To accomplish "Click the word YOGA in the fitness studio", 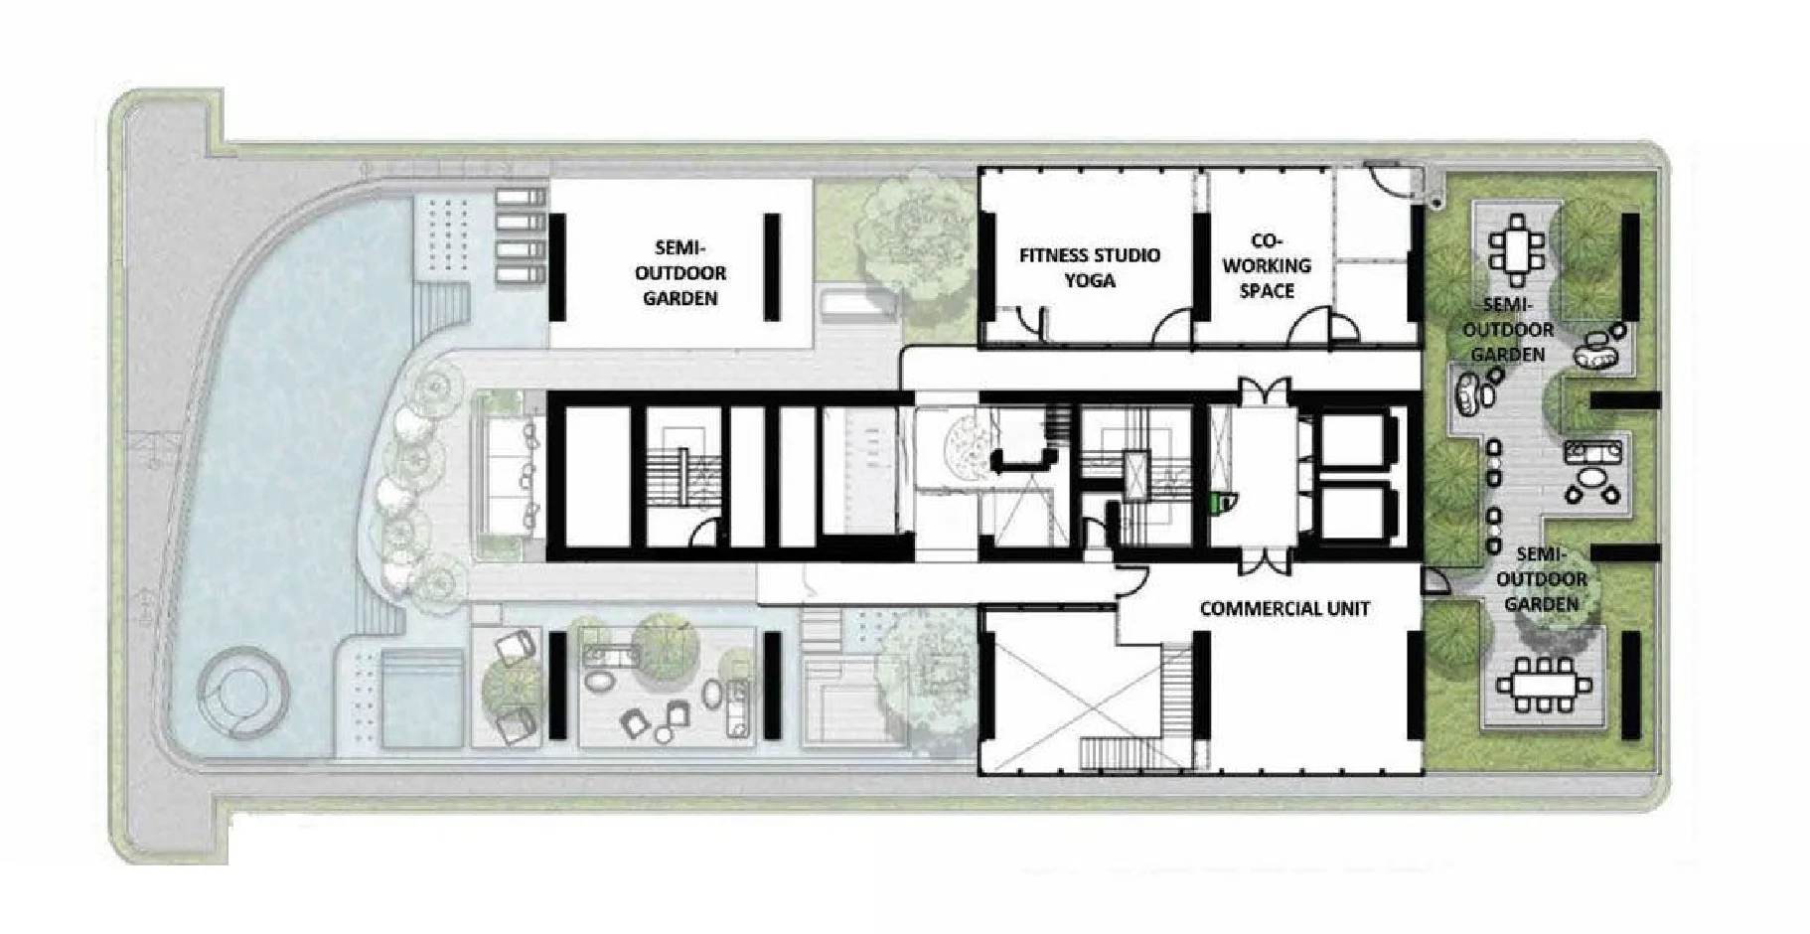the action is click(x=1090, y=280).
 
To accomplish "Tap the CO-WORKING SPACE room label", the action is click(x=1267, y=265).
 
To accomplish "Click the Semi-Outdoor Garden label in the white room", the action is click(x=679, y=272).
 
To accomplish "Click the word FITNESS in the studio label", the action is click(x=1055, y=255).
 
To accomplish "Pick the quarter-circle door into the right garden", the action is click(x=1435, y=582).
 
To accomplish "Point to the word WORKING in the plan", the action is click(x=1267, y=265).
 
